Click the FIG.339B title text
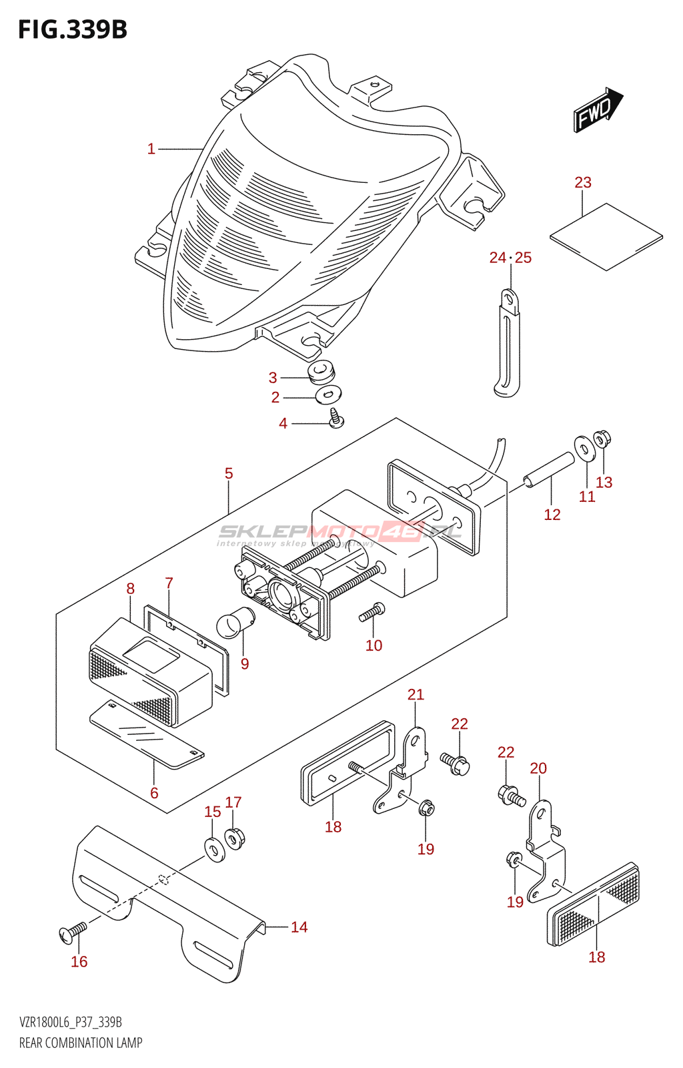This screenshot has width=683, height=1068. [x=72, y=30]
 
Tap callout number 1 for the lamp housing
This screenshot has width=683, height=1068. [x=151, y=149]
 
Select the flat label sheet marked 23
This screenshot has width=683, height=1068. [x=606, y=237]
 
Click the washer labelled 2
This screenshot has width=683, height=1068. [x=327, y=394]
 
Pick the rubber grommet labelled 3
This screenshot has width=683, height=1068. [x=321, y=371]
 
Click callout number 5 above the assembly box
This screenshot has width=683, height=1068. [x=229, y=473]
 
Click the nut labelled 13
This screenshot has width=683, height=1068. [x=602, y=440]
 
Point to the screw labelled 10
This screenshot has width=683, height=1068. [x=372, y=611]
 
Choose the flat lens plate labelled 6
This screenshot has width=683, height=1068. [x=147, y=734]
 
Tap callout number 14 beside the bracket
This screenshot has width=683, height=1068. [x=299, y=927]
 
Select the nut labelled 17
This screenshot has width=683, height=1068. [x=233, y=837]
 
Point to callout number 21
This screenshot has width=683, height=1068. [x=416, y=695]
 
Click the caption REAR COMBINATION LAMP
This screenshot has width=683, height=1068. [x=81, y=1043]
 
